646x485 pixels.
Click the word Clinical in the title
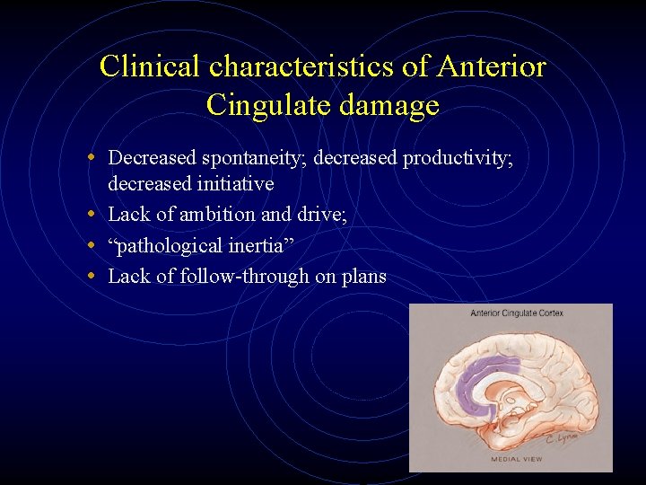pyautogui.click(x=151, y=66)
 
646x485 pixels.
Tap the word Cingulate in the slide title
pyautogui.click(x=265, y=106)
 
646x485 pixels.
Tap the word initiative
pyautogui.click(x=230, y=183)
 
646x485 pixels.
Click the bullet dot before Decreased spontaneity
pyautogui.click(x=94, y=158)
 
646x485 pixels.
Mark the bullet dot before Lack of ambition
pyautogui.click(x=94, y=214)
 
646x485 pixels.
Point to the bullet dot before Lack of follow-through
pyautogui.click(x=94, y=276)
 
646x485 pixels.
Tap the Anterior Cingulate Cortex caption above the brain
pyautogui.click(x=516, y=313)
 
